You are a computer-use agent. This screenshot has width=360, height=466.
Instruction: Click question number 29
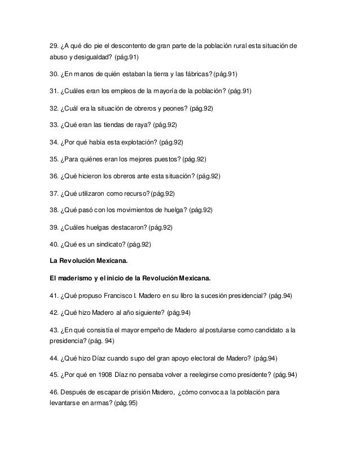tap(54, 45)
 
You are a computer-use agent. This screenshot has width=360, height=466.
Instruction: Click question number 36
tap(54, 175)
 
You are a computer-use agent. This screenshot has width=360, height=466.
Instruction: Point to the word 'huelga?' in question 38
tap(174, 210)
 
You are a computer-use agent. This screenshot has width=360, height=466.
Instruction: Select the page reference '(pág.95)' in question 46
tap(129, 404)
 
